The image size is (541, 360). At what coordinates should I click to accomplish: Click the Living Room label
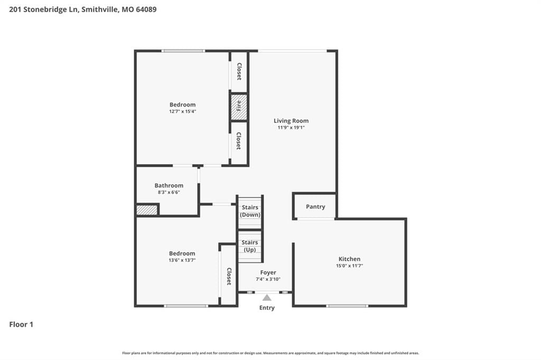click(291, 121)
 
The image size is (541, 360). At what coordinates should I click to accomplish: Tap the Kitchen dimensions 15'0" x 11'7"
click(349, 266)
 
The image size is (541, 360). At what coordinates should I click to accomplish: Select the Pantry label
click(315, 206)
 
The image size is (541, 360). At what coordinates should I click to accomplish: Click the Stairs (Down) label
click(250, 211)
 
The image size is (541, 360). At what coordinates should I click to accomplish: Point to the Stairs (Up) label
click(250, 246)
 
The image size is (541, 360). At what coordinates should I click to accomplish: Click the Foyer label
click(268, 272)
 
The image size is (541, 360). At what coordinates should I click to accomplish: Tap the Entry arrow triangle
click(267, 298)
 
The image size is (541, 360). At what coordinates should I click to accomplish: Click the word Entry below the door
click(267, 308)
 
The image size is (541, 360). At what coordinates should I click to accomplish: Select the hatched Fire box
click(239, 107)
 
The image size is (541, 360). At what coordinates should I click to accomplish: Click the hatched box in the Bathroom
click(147, 210)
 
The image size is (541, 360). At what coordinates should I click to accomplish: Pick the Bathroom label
click(169, 185)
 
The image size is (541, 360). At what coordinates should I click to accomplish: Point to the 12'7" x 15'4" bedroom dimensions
click(182, 111)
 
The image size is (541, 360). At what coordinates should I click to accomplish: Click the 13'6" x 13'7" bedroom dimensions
click(182, 260)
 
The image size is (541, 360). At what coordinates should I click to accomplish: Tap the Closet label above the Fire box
click(239, 71)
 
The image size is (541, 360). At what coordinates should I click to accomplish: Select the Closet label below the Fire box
click(238, 141)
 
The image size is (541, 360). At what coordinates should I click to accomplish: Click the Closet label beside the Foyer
click(229, 276)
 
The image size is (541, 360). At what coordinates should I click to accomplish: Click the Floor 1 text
click(21, 325)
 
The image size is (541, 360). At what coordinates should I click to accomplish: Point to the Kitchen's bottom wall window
click(347, 306)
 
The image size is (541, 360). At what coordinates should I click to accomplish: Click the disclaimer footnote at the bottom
click(270, 353)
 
